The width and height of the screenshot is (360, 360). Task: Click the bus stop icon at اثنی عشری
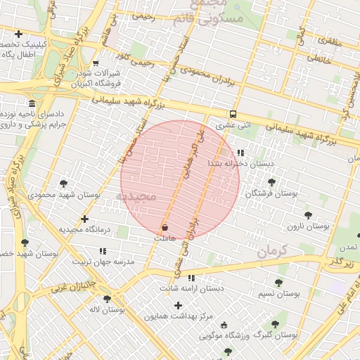(232, 114)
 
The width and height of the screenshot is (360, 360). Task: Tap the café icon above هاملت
(165, 228)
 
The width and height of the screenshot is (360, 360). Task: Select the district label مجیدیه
(143, 195)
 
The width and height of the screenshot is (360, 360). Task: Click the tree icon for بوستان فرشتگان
(271, 182)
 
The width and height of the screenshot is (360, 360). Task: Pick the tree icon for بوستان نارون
(307, 215)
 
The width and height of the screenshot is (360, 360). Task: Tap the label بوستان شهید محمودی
(64, 193)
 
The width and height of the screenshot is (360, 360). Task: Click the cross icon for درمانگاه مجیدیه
(85, 219)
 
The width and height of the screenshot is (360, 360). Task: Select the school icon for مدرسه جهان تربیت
(103, 250)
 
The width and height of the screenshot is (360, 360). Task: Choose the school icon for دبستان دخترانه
(240, 153)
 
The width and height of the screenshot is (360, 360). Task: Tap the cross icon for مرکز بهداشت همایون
(178, 305)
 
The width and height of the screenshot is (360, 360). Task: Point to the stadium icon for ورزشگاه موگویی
(224, 325)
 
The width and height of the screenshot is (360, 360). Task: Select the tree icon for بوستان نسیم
(278, 283)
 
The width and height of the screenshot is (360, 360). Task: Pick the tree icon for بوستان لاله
(107, 299)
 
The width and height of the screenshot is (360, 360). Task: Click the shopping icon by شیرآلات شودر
(95, 62)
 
